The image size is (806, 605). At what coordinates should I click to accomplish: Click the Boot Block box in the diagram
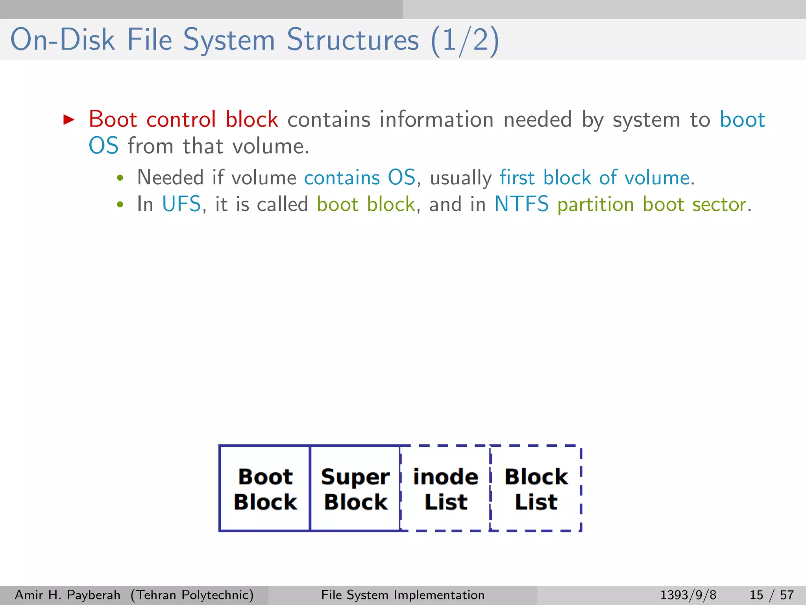click(x=265, y=489)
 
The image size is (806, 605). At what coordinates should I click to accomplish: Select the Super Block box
click(x=355, y=489)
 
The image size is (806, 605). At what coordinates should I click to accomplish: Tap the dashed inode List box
click(x=446, y=489)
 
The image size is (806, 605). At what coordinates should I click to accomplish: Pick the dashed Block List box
click(x=536, y=489)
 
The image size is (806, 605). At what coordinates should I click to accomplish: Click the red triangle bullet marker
click(x=69, y=119)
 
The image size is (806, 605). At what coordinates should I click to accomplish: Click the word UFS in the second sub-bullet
click(x=181, y=204)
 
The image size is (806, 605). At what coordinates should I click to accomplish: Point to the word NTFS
click(x=521, y=204)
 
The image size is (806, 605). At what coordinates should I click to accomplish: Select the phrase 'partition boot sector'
click(x=652, y=204)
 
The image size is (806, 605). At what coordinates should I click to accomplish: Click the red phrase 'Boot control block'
click(x=183, y=119)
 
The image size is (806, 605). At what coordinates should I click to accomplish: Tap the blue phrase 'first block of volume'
click(x=595, y=177)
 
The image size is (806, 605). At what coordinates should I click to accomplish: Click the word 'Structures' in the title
click(x=353, y=40)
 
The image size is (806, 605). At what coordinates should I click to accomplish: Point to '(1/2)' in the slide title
click(x=465, y=41)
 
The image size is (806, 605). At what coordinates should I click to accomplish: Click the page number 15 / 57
click(x=771, y=595)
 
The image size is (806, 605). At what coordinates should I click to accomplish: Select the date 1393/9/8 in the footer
click(x=688, y=595)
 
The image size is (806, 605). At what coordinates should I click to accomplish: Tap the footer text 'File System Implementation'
click(x=403, y=595)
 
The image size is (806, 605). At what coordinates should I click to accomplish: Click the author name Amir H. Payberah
click(x=67, y=595)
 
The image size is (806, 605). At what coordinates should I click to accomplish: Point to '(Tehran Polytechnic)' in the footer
click(x=192, y=595)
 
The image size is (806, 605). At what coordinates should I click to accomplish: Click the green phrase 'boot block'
click(x=366, y=204)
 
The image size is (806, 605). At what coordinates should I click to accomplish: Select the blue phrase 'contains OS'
click(x=360, y=177)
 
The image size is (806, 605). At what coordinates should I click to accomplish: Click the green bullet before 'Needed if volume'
click(x=120, y=178)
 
